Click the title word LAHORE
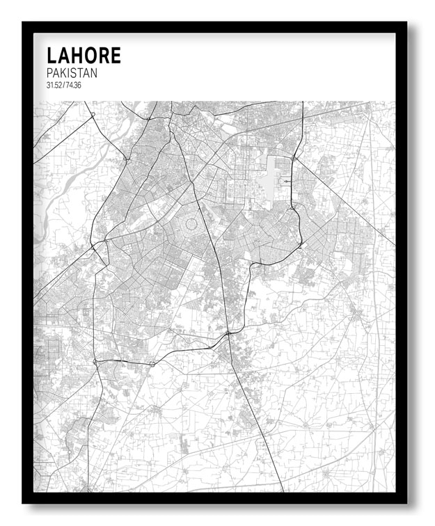click(84, 56)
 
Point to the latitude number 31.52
click(54, 86)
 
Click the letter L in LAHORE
click(52, 56)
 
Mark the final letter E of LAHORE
click(116, 56)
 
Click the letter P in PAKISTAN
click(49, 73)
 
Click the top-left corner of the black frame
click(24, 24)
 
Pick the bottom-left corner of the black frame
click(24, 502)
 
